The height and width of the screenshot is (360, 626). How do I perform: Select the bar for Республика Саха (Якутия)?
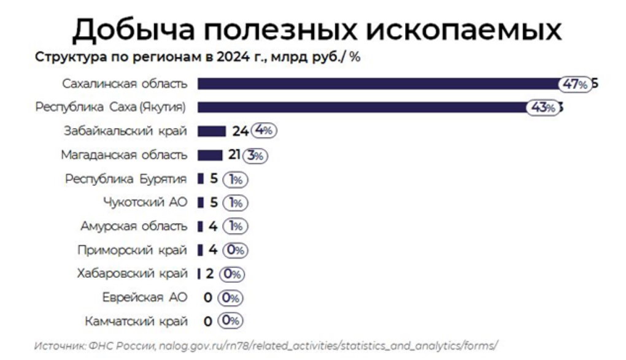click(x=362, y=108)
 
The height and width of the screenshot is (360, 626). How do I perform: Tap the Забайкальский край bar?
click(x=212, y=131)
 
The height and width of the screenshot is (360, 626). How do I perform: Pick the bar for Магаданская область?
click(x=210, y=155)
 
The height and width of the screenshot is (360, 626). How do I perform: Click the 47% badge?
click(x=575, y=85)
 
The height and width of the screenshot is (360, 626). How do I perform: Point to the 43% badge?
click(x=543, y=108)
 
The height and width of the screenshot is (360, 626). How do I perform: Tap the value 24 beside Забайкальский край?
click(x=239, y=131)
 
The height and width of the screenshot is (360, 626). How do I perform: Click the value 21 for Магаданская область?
click(x=234, y=155)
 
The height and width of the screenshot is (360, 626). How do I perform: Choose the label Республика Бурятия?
click(x=126, y=178)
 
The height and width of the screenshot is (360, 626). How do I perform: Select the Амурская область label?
click(x=133, y=226)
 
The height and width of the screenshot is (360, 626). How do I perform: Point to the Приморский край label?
click(x=132, y=250)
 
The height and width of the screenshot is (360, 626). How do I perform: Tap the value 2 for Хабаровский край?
click(x=210, y=274)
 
